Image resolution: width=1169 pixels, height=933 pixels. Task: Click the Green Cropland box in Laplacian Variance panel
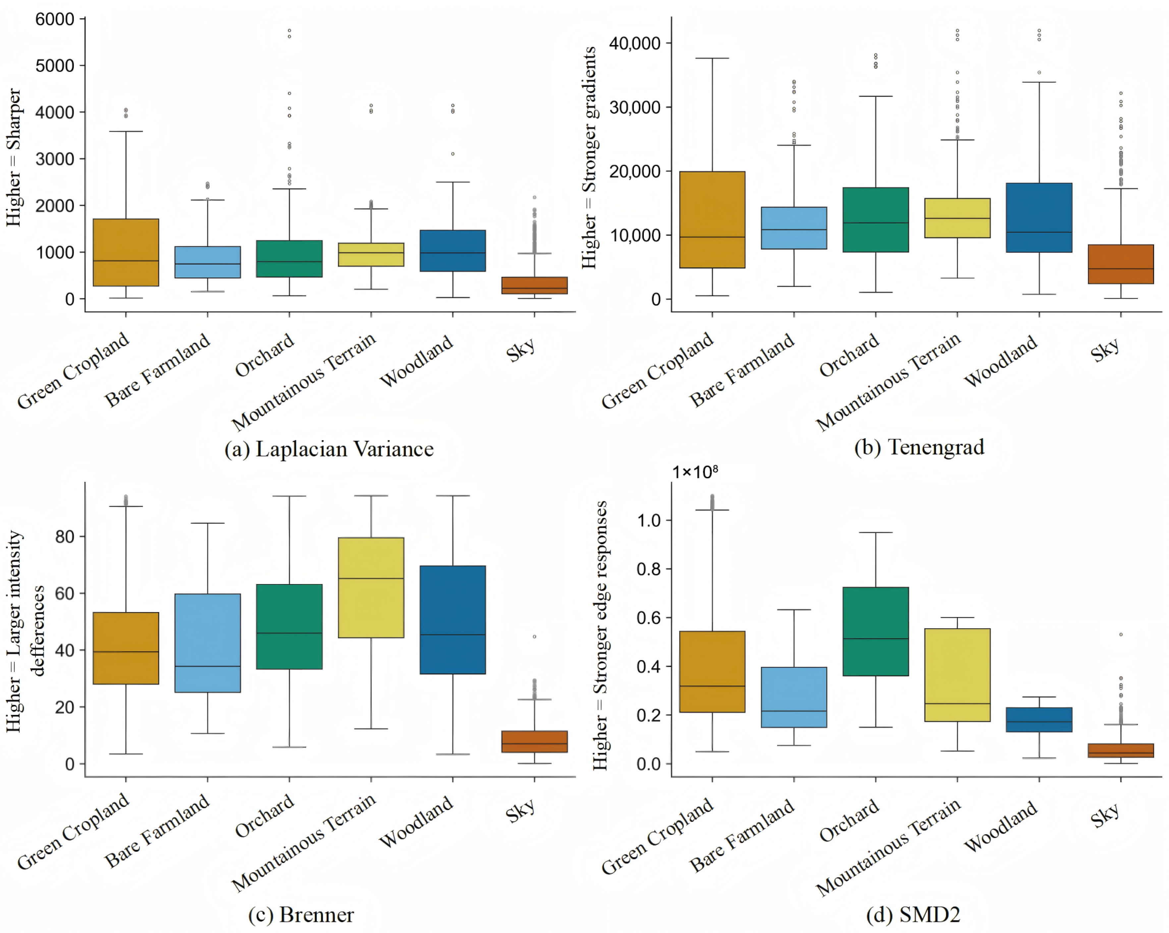126,252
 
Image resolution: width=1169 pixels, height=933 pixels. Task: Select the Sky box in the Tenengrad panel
1121,264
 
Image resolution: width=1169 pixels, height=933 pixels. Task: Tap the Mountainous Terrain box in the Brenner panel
371,587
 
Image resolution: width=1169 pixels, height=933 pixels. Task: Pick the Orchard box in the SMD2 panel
876,631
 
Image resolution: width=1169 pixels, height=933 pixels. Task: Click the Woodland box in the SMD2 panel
1039,720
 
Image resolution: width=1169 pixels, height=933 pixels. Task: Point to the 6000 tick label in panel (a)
54,20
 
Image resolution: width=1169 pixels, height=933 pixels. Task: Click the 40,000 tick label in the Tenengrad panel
635,43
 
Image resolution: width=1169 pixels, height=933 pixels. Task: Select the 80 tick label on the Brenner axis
65,537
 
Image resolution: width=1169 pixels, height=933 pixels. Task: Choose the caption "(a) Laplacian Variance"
329,449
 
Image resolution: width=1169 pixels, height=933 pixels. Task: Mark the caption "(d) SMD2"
913,914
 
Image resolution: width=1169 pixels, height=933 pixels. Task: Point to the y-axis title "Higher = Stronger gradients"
589,157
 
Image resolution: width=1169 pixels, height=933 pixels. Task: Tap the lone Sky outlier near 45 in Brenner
534,636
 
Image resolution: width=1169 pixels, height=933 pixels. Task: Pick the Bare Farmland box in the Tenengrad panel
794,228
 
